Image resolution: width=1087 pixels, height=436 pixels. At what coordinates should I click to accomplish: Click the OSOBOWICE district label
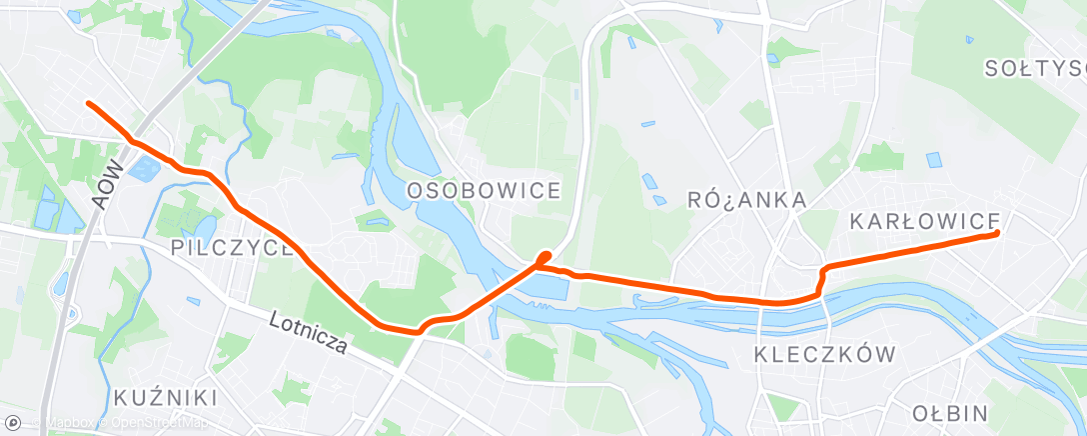484,190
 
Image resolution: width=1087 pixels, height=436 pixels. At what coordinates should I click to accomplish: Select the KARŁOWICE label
924,220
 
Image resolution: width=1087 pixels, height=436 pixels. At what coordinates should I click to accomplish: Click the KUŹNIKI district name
165,397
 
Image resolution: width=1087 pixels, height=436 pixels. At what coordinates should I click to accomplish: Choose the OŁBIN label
950,413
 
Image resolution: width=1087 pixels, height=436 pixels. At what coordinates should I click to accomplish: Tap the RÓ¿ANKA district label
747,200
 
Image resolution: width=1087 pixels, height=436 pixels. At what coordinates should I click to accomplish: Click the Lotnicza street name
309,331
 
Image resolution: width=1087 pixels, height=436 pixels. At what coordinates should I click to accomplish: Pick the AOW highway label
111,186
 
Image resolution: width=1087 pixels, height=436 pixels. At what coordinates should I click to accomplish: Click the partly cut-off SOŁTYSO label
1034,68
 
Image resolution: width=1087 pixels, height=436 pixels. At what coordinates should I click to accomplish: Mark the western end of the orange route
88,103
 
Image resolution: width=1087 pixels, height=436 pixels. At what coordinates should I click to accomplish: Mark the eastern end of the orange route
997,233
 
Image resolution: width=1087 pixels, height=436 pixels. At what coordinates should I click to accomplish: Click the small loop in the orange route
543,259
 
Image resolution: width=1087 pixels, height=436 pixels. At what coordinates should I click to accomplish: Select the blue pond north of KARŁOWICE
934,159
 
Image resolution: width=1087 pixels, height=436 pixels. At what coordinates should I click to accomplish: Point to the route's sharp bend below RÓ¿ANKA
823,271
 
